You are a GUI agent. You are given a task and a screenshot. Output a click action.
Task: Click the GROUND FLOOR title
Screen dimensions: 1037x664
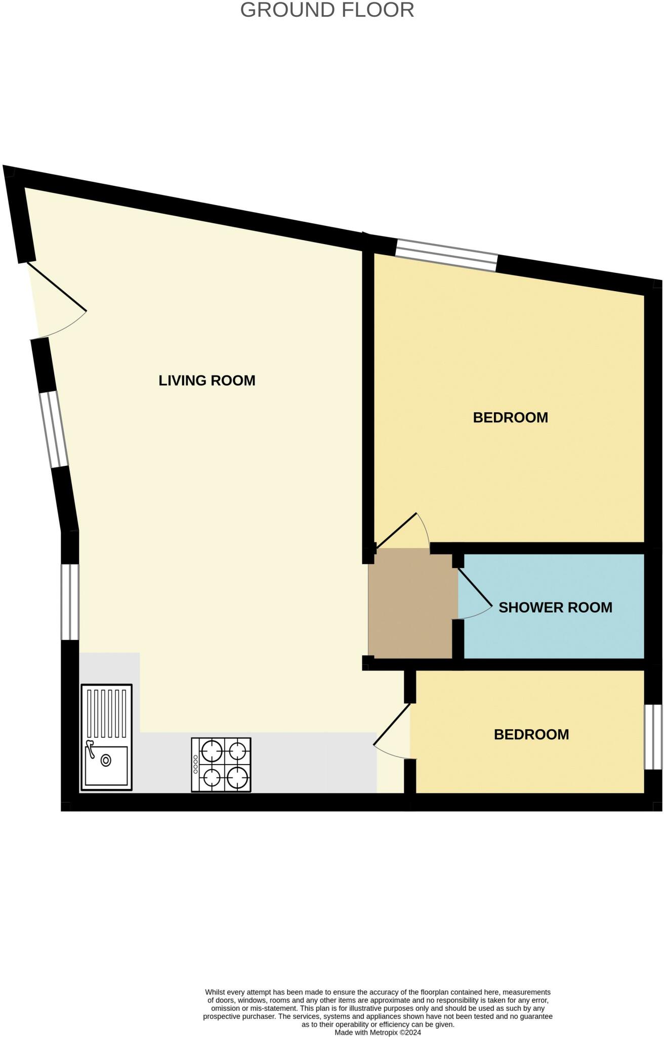pyautogui.click(x=327, y=10)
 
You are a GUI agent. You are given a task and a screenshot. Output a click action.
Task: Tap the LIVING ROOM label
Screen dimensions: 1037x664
pyautogui.click(x=206, y=380)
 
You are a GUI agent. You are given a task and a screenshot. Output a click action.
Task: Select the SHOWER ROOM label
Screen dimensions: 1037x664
pyautogui.click(x=555, y=607)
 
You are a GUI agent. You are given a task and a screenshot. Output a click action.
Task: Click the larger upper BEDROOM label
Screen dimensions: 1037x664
pyautogui.click(x=510, y=417)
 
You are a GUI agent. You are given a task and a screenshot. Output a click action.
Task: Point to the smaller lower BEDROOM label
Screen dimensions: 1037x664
pyautogui.click(x=531, y=734)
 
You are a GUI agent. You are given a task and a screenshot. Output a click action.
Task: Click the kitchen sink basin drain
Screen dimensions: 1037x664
pyautogui.click(x=106, y=761)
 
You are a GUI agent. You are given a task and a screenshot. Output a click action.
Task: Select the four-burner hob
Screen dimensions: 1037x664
pyautogui.click(x=221, y=765)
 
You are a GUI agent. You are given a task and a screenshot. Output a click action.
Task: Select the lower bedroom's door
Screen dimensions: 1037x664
pyautogui.click(x=392, y=725)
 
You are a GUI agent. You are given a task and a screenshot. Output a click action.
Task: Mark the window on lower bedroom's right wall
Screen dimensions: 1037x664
pyautogui.click(x=653, y=737)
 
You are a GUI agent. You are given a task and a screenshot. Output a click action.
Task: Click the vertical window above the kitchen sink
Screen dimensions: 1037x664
pyautogui.click(x=70, y=602)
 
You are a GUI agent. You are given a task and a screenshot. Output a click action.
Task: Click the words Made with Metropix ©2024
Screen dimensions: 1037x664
pyautogui.click(x=378, y=1032)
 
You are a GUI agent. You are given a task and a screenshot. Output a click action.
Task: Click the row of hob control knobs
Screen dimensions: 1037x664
pyautogui.click(x=195, y=765)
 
